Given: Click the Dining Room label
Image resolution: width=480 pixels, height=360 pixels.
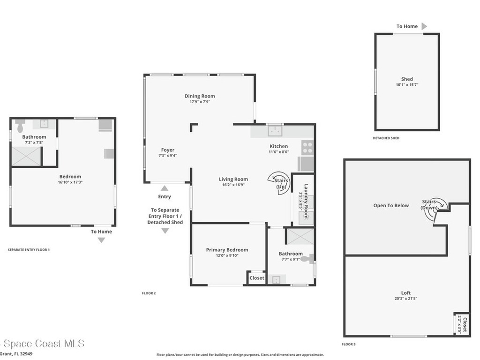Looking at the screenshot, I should pos(200,96).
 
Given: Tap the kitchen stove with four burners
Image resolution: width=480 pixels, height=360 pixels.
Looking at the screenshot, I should pos(307,148).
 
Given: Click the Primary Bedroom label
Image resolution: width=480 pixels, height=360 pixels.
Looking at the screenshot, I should pos(227,250).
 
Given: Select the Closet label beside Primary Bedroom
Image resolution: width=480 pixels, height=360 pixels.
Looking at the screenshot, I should pos(256,278).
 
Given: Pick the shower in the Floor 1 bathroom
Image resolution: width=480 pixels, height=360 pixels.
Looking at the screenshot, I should pos(26,157).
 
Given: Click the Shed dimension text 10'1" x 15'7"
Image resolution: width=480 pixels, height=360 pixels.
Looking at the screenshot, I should pos(407,85).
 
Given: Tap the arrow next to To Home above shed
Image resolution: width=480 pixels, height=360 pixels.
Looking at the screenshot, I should pos(424,26).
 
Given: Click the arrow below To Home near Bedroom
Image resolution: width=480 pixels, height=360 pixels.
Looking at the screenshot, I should pos(101,240).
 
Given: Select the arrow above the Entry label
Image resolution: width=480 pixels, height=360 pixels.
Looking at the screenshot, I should pos(165,188).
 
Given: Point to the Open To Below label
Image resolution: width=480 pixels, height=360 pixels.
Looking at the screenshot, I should pos(391,205).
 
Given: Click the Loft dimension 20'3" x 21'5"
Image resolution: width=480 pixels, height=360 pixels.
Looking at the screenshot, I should pos(406,299).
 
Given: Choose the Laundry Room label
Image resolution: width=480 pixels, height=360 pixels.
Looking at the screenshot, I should pos(306,201).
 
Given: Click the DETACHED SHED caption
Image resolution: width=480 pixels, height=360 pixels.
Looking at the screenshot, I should pos(386,138).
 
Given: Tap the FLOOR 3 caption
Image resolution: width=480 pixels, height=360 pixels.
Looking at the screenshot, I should pos(348,345).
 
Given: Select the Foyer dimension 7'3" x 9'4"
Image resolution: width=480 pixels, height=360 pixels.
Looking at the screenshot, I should pos(167,156).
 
